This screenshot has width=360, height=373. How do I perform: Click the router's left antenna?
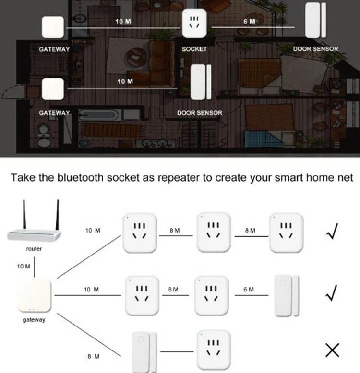(x=24, y=215)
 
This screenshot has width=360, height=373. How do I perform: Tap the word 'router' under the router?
(x=34, y=249)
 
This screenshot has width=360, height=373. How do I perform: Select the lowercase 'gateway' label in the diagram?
(x=34, y=320)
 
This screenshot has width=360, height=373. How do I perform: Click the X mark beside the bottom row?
(x=332, y=350)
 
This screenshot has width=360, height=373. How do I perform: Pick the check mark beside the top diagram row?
(x=332, y=231)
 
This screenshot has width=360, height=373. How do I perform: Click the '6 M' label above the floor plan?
(x=249, y=22)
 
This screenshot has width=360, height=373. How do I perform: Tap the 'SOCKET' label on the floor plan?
(x=194, y=49)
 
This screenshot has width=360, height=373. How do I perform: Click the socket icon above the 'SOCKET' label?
(x=194, y=23)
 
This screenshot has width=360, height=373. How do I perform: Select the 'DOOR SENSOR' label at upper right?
(x=315, y=49)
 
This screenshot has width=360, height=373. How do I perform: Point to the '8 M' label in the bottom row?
(x=93, y=356)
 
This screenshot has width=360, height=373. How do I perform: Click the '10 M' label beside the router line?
(x=24, y=266)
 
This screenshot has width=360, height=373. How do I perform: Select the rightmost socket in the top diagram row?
(x=286, y=233)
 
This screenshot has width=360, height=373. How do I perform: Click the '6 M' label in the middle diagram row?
(x=249, y=289)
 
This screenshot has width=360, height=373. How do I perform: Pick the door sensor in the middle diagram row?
(x=287, y=296)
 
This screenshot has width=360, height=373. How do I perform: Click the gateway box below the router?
(x=34, y=296)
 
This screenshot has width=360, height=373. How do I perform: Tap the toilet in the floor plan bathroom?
(x=44, y=137)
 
